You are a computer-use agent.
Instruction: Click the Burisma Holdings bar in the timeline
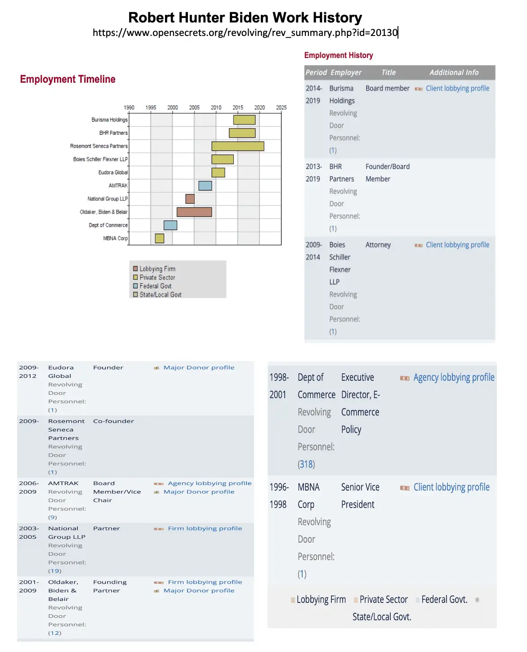244,120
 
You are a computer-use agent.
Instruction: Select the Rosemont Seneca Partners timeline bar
237,146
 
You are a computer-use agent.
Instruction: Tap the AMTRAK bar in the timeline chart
205,185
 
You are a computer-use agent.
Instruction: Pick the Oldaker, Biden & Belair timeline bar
194,212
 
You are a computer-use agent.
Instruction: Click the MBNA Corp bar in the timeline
159,238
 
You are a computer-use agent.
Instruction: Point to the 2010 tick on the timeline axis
216,107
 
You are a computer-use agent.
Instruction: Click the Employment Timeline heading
68,79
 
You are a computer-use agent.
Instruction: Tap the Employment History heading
339,55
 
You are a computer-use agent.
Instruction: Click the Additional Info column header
454,72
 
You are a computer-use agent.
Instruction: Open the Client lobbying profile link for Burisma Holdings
457,89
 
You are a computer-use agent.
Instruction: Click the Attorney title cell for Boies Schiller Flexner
378,245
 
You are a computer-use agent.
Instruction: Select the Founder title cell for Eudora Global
108,367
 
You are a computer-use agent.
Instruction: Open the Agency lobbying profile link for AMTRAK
210,483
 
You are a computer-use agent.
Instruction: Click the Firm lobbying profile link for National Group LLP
205,528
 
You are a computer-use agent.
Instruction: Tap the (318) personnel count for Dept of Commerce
306,464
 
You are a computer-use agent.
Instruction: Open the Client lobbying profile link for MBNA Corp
451,487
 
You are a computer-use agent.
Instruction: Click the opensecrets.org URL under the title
245,32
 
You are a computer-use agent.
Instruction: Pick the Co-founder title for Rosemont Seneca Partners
113,421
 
